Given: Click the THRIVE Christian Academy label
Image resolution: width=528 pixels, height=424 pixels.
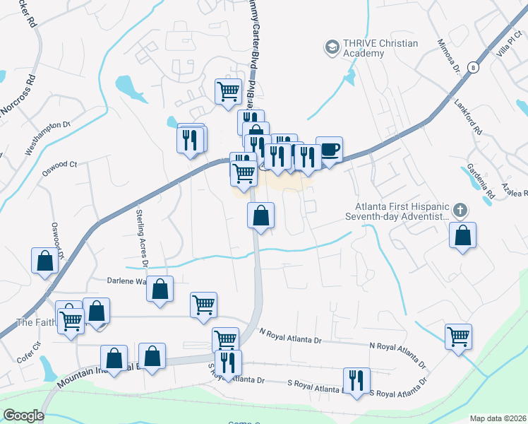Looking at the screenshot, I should (380, 48).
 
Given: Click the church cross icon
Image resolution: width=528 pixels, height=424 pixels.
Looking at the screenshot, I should (460, 210).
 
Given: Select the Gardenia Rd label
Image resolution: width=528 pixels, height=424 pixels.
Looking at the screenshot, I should (481, 180).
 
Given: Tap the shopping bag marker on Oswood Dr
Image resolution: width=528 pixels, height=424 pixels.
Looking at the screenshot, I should (45, 261).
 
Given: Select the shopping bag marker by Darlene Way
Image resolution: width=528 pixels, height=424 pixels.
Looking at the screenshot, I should (160, 289).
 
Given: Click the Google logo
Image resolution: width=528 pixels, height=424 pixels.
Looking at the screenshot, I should (23, 416).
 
